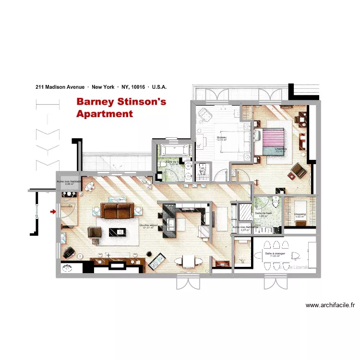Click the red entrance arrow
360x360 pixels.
tap(53, 211)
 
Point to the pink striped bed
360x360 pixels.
tap(274, 139)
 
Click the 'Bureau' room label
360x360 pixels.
tap(221, 138)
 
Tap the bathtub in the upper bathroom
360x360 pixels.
tap(175, 150)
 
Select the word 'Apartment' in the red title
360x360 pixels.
tap(104, 114)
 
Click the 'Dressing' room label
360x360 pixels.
tap(299, 214)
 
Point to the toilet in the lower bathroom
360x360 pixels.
tap(276, 200)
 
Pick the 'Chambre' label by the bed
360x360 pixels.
tap(281, 149)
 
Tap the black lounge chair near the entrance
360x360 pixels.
tap(69, 252)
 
